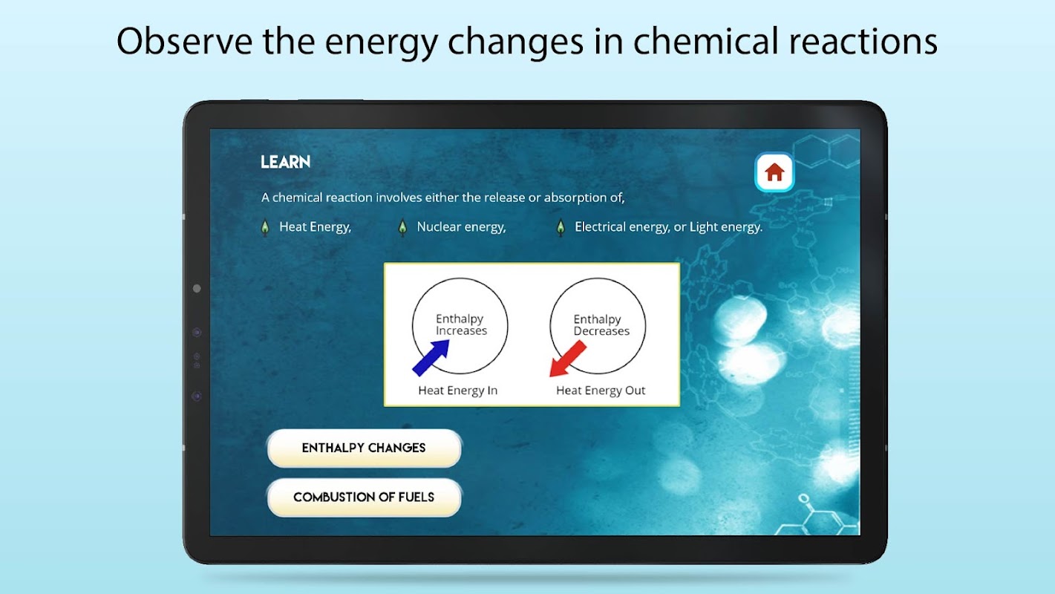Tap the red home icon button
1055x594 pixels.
pos(774,172)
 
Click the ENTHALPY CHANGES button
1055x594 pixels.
pos(364,448)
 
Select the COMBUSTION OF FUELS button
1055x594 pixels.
pos(364,497)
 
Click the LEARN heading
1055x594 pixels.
pos(285,162)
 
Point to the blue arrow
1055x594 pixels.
pos(431,358)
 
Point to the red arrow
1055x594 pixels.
pos(568,359)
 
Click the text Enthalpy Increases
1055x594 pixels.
pos(461,324)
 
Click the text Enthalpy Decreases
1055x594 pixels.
pos(601,325)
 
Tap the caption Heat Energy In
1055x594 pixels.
pos(458,391)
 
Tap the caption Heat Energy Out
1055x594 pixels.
pos(601,391)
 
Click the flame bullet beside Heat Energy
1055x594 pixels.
pos(265,227)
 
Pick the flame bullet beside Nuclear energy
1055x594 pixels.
pos(402,227)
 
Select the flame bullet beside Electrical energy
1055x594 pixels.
pos(561,227)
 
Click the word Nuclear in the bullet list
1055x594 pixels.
pos(435,227)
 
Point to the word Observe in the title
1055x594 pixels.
pos(184,42)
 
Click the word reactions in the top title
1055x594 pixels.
pos(863,42)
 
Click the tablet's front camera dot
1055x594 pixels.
pos(197,288)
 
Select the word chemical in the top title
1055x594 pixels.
pos(705,42)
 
